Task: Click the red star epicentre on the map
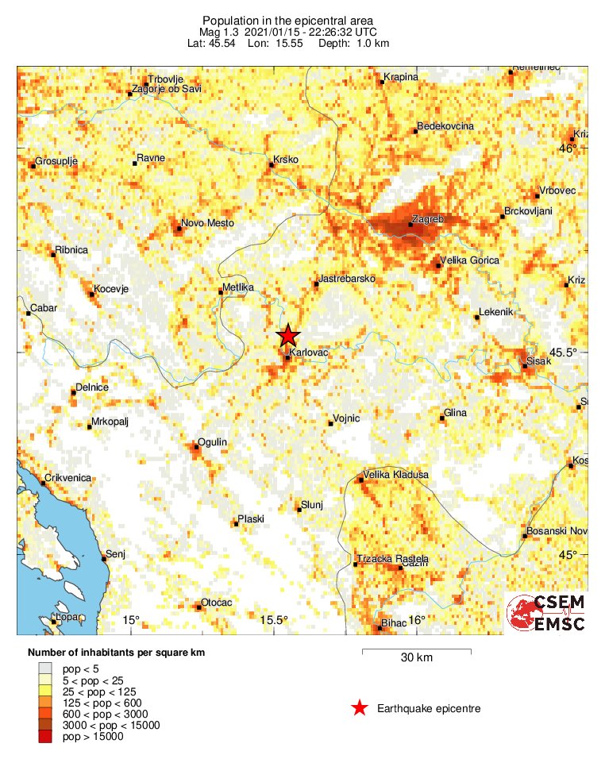288,336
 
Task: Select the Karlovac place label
309,351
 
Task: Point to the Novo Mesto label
207,224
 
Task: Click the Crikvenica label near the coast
67,478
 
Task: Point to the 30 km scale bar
416,653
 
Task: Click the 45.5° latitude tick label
568,352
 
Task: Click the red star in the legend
360,708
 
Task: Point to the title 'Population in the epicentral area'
288,20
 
